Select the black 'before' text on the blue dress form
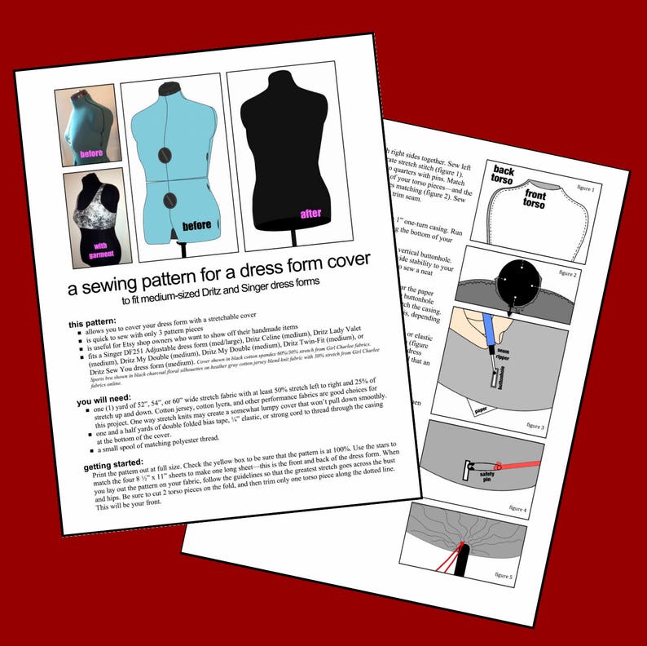click(196, 224)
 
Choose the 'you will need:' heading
click(104, 402)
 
